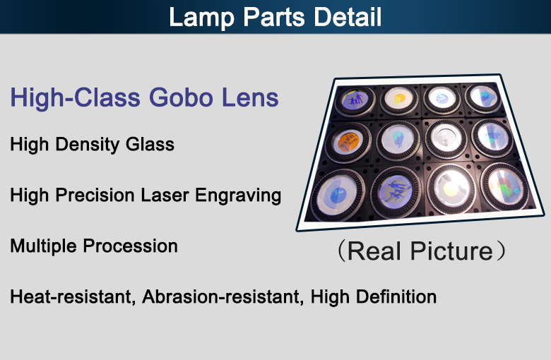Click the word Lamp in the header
click(201, 17)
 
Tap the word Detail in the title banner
click(348, 16)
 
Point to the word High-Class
click(75, 98)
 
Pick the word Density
click(88, 145)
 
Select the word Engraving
click(238, 196)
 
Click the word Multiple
click(43, 246)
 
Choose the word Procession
click(130, 246)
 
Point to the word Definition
click(396, 296)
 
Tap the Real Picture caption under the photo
click(420, 251)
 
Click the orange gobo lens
click(348, 142)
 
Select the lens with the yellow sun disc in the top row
click(398, 99)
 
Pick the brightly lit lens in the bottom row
click(451, 188)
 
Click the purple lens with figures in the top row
click(354, 100)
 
